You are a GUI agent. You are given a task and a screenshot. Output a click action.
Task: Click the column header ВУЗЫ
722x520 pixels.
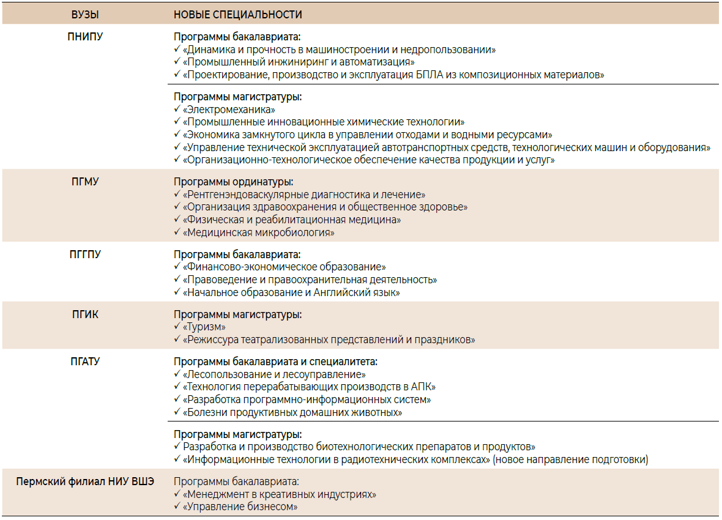[x=85, y=15]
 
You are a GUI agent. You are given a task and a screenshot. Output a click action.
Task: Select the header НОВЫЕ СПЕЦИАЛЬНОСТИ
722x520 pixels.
[x=238, y=15]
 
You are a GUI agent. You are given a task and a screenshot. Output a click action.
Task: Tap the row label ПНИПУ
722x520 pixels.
[x=85, y=37]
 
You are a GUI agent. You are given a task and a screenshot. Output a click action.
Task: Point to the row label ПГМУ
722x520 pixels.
[x=85, y=182]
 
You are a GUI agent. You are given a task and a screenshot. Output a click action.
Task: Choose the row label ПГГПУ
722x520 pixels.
[x=85, y=254]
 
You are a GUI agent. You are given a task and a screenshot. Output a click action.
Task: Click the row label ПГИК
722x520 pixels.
[x=85, y=314]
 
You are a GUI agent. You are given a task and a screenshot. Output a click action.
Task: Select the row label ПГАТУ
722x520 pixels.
[x=85, y=362]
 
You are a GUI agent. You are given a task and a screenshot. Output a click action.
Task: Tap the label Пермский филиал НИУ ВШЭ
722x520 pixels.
[x=85, y=481]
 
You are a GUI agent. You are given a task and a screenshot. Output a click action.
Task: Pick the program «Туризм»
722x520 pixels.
[x=204, y=327]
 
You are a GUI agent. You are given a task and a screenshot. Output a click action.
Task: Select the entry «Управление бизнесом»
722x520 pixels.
[x=240, y=507]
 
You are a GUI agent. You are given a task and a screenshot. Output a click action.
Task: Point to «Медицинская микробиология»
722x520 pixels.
[x=259, y=232]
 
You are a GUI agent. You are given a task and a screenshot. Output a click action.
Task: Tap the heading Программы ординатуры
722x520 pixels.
[x=233, y=182]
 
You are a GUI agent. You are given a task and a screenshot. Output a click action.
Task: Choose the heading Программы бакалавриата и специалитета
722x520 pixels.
[x=275, y=362]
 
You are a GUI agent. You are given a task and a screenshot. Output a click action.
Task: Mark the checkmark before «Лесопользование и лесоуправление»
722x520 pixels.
[x=177, y=374]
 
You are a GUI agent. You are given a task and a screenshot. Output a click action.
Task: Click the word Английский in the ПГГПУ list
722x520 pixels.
[x=339, y=293]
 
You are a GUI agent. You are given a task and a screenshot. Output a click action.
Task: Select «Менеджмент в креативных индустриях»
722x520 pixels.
[x=280, y=494]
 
